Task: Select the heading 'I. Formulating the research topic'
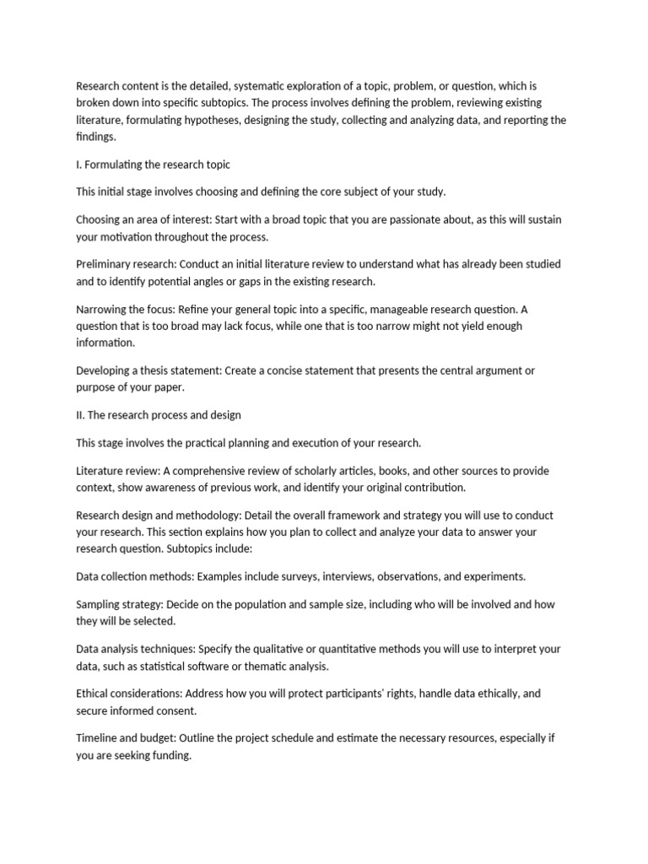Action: [x=153, y=165]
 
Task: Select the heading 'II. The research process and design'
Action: [x=159, y=415]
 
